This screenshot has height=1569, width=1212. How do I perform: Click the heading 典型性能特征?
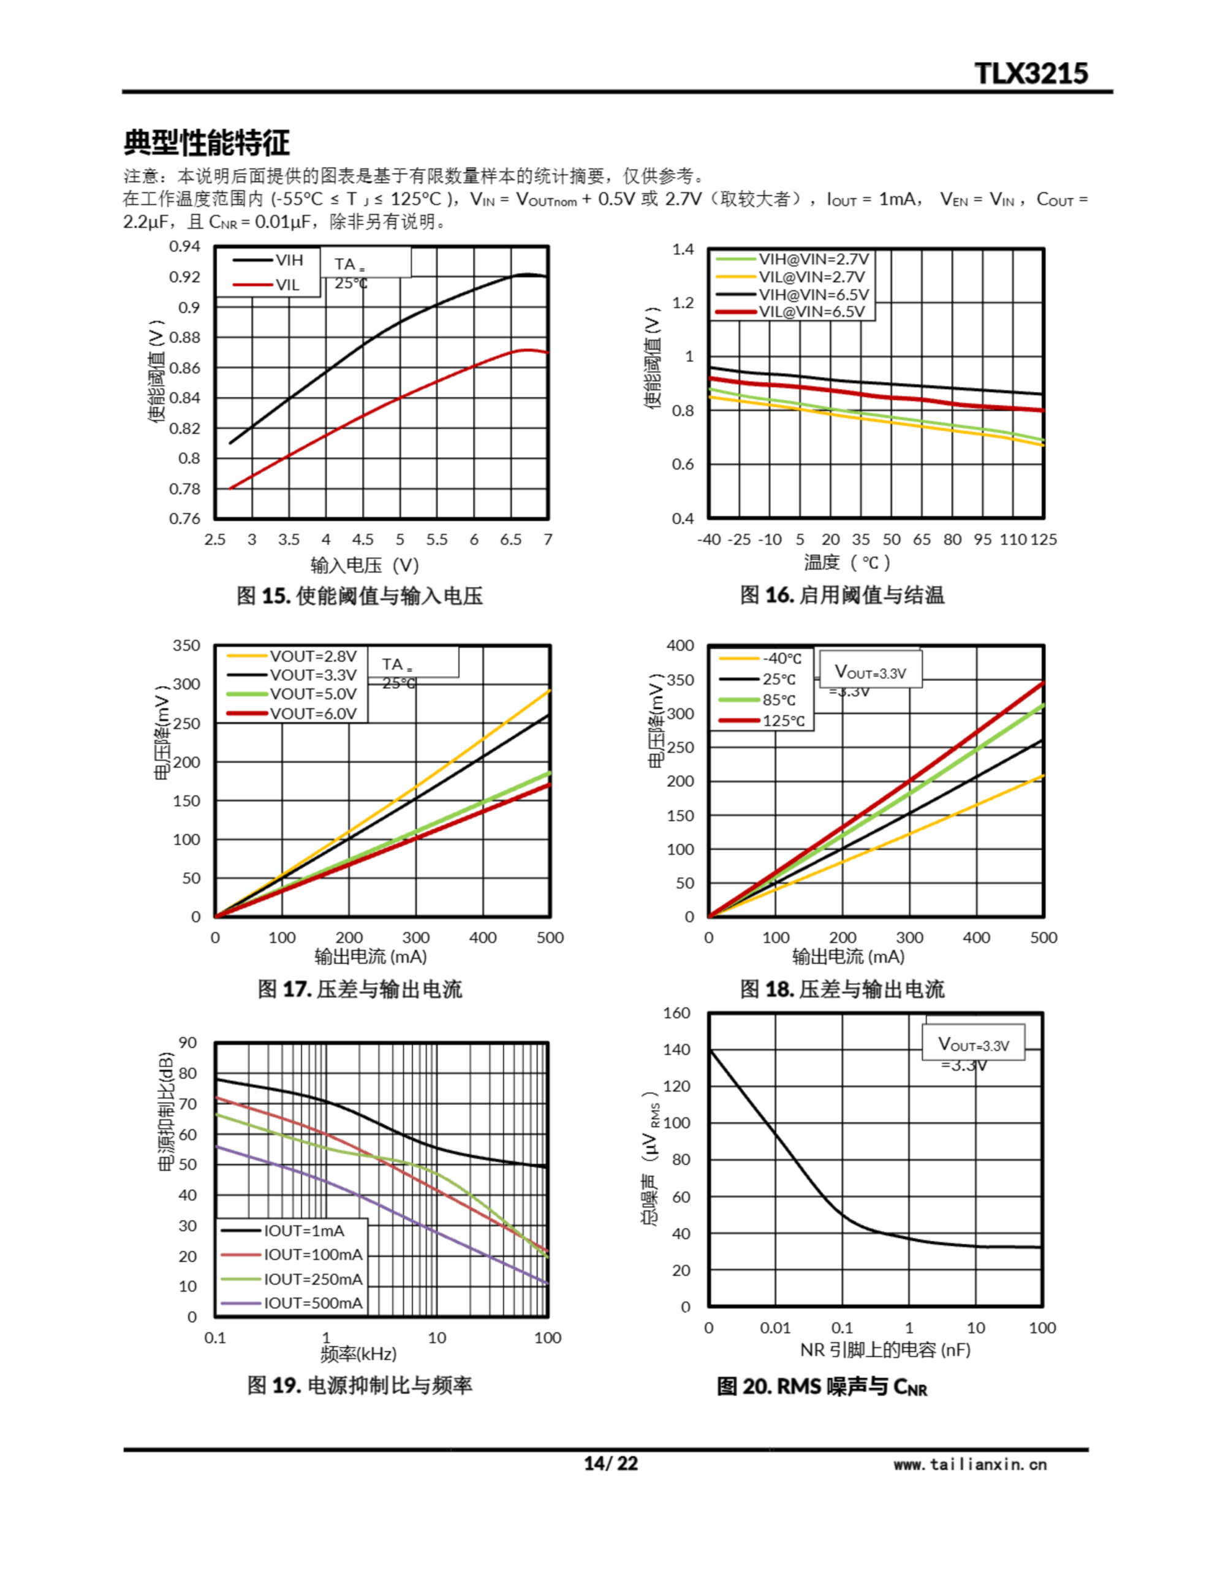[206, 142]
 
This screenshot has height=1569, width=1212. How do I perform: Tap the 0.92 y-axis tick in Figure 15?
[184, 276]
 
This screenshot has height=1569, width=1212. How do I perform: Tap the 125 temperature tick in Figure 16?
[1043, 539]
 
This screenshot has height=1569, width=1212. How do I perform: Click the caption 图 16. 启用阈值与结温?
[842, 595]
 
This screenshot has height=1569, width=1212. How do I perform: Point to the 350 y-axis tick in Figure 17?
[186, 645]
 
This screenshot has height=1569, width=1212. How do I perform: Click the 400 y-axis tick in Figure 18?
[680, 645]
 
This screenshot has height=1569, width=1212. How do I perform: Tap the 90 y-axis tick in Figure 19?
[187, 1043]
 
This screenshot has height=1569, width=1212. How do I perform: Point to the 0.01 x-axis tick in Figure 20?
[775, 1328]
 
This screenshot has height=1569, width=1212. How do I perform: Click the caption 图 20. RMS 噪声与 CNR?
[821, 1386]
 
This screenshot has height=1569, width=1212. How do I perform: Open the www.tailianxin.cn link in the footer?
[970, 1464]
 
